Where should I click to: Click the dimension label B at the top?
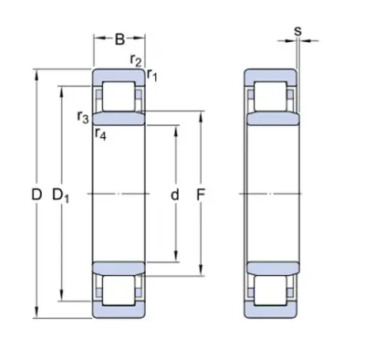pos(120,39)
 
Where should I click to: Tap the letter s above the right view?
pos(298,31)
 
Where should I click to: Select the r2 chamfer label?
pos(136,60)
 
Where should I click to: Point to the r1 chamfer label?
pos(151,75)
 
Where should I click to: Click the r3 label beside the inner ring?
pos(83,117)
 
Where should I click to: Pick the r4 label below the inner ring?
pos(100,133)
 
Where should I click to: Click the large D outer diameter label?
pos(36,195)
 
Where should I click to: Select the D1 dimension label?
pos(61,196)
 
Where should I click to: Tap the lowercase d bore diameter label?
pos(174,195)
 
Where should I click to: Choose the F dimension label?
pos(200,195)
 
